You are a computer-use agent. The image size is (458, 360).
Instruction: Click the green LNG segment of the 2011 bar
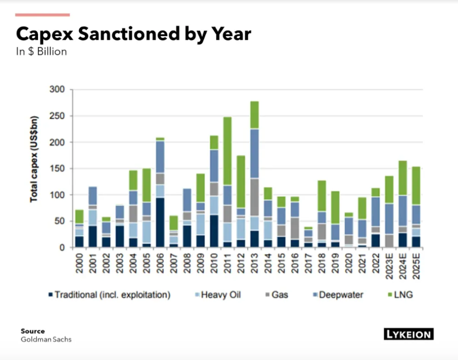(x=228, y=151)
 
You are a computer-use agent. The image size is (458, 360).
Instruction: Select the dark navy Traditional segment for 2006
(x=160, y=222)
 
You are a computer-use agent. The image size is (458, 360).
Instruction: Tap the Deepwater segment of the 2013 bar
(x=254, y=153)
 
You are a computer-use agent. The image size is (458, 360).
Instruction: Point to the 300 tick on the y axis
(x=61, y=89)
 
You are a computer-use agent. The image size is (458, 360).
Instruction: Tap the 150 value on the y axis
(x=61, y=169)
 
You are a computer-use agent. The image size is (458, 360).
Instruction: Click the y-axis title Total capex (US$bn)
(x=34, y=168)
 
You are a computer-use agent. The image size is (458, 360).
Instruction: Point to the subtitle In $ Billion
(x=41, y=51)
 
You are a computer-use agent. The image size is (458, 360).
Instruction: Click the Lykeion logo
(x=408, y=334)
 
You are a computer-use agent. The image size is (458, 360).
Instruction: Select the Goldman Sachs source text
(x=46, y=339)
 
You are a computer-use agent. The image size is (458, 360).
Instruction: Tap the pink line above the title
(x=42, y=15)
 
